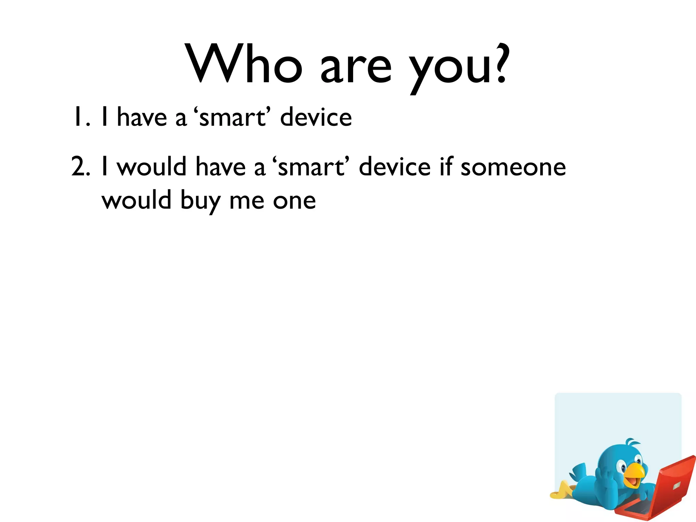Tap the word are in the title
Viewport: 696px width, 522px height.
tap(356, 68)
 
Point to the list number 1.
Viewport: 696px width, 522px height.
tap(81, 117)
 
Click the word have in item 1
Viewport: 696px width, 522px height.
tap(142, 117)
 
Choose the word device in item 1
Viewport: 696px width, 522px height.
tap(316, 117)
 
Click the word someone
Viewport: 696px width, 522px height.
tap(513, 167)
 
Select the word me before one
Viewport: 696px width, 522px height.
tap(247, 201)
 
